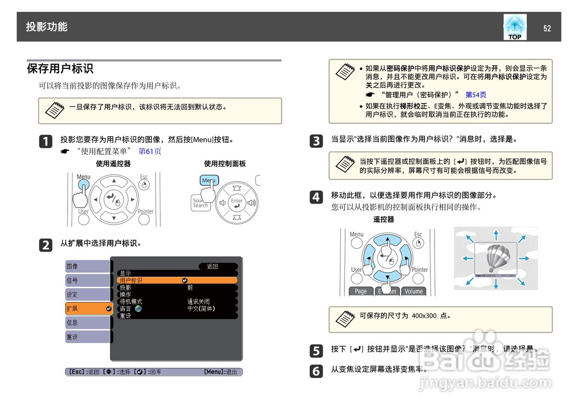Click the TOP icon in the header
pos(514,27)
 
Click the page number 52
pos(547,28)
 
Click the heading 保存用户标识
pos(60,69)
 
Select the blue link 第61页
pos(150,151)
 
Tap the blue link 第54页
pos(475,95)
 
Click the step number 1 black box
pos(45,142)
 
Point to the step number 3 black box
pos(316,141)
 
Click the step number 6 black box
pos(316,371)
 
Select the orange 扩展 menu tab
pos(87,308)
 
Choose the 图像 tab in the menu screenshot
pos(87,266)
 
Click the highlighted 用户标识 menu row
pos(177,280)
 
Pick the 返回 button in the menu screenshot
pos(213,266)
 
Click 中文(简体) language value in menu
pos(201,308)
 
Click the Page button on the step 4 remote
pos(361,291)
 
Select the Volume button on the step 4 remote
pos(413,291)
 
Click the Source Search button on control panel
pos(199,203)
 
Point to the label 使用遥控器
pos(113,164)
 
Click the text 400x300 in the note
pos(424,316)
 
